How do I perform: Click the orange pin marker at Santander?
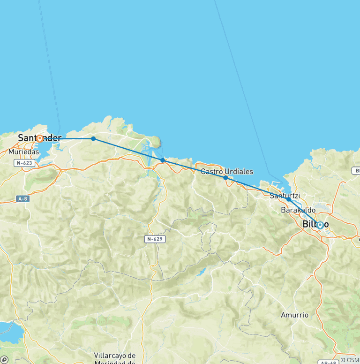pos(40,138)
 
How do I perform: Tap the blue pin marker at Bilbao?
pos(320,225)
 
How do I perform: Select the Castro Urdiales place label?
pos(227,172)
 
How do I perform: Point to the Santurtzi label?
pos(285,196)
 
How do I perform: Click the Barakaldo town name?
pos(298,210)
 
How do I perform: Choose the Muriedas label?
pos(23,152)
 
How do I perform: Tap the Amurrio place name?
pos(295,315)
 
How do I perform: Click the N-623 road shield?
pos(24,163)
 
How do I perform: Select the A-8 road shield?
pos(22,199)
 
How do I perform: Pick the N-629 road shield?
pos(155,239)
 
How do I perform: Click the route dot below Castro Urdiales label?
pos(225,178)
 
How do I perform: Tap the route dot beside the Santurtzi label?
pos(288,199)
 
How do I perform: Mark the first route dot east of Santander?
pos(93,138)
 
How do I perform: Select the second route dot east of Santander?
pos(163,160)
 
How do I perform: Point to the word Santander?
pos(39,138)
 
